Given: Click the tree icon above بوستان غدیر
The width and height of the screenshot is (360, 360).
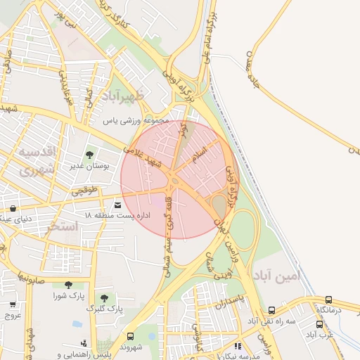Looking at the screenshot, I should pos(89,155).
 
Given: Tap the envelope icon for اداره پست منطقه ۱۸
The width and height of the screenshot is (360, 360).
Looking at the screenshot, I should pos(117,205).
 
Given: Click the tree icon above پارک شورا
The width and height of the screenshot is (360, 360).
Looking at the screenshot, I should pos(68,285).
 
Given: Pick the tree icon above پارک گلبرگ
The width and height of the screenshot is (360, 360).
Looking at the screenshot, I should pos(104,298).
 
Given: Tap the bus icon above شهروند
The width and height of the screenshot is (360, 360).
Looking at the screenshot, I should pos(131,336).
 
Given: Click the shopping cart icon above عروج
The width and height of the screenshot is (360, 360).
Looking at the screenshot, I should pos(13,304).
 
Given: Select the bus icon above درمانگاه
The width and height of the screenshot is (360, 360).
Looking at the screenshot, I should pos(328,300).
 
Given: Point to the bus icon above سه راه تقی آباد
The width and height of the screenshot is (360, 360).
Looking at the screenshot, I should pos(271,310).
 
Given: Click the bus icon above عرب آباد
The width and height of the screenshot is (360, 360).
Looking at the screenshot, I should pos(320,324).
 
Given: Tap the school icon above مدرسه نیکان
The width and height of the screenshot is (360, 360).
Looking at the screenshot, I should pos(237,346).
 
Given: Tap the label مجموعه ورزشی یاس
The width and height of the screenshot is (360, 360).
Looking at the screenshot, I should pos(138,121).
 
